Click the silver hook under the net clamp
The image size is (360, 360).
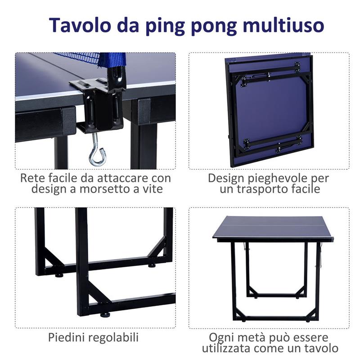[x=96, y=154]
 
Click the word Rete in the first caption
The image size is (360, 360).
[x=31, y=178]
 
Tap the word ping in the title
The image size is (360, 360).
[x=168, y=26]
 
